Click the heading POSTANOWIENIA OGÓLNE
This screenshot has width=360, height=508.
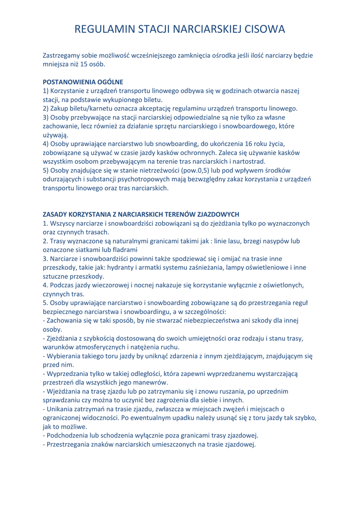pyautogui.click(x=83, y=81)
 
